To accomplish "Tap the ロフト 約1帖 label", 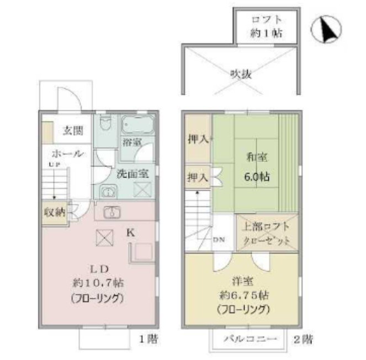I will coord(266,25).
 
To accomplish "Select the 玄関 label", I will coord(72,131).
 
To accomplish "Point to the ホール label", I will coord(68,153).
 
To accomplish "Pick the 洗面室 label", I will coord(132,173).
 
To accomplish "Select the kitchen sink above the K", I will coord(113,212).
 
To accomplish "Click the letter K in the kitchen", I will coord(130,233).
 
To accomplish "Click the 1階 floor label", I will coord(148,337).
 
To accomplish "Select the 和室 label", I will coord(257,158).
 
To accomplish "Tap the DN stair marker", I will coord(219,240).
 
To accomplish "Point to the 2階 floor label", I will coord(307,337).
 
